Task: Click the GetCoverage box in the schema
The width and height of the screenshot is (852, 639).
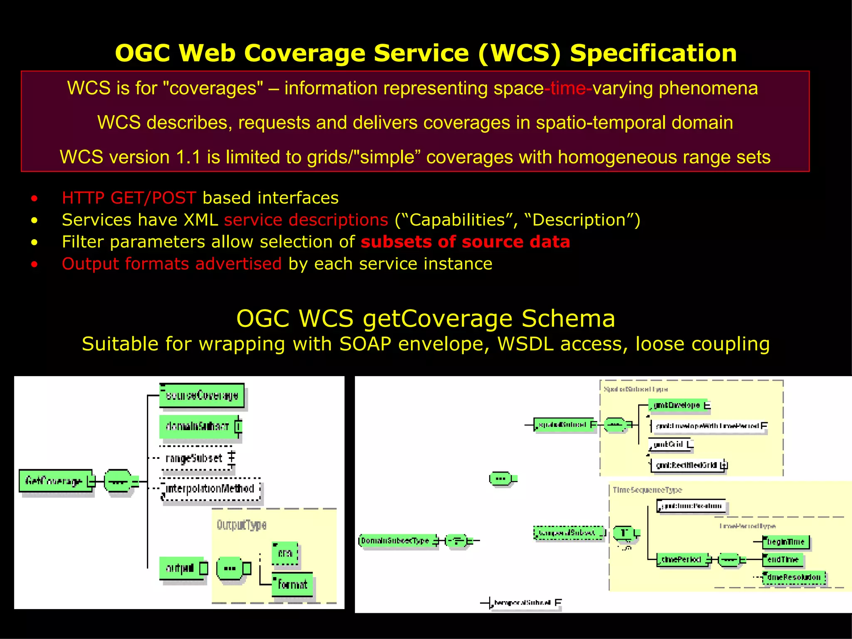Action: point(55,481)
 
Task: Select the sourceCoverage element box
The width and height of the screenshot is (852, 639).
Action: point(202,395)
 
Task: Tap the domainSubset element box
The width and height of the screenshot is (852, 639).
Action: point(198,426)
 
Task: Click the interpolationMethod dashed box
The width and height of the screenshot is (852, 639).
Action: point(211,488)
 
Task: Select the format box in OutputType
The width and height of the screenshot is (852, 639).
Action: point(292,585)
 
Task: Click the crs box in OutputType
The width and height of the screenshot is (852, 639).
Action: point(285,553)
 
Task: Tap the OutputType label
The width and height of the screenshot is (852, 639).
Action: point(241,525)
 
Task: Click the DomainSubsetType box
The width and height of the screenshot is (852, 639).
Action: point(397,540)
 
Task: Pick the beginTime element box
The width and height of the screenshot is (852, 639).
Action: point(786,542)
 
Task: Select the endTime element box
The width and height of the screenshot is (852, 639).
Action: point(782,560)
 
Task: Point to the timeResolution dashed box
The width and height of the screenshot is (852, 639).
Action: point(793,577)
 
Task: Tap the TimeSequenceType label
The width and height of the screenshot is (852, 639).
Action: point(647,490)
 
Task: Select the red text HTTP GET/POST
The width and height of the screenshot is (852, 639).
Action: point(129,198)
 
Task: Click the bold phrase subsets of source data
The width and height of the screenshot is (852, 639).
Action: point(465,242)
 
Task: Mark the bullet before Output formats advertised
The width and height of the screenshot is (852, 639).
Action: point(34,264)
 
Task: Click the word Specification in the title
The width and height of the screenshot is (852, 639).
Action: point(653,53)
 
